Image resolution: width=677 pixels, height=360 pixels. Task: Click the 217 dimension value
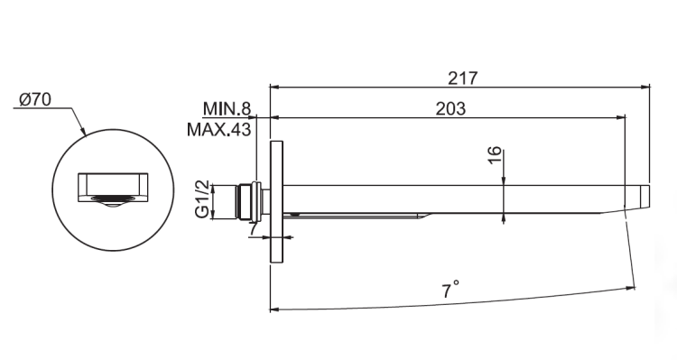(463, 78)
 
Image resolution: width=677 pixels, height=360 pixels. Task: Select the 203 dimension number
(450, 109)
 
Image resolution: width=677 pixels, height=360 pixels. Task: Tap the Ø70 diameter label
(35, 100)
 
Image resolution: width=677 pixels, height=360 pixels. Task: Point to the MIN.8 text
(227, 109)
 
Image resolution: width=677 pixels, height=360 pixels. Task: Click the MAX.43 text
(219, 129)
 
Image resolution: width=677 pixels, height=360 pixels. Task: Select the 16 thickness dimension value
(496, 155)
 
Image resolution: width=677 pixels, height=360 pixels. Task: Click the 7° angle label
(450, 290)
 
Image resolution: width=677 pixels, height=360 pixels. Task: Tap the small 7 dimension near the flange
(254, 228)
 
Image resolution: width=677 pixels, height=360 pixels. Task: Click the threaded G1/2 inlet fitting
(248, 201)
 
